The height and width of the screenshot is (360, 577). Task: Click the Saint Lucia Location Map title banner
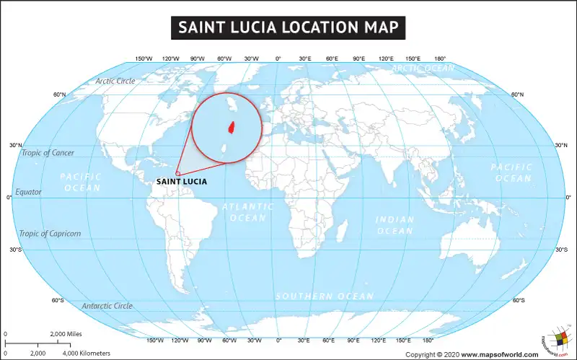(x=288, y=27)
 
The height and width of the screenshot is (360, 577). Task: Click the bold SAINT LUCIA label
(x=181, y=182)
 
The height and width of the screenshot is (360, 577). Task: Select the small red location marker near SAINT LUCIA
(x=177, y=173)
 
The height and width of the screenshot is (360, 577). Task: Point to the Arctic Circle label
(x=115, y=81)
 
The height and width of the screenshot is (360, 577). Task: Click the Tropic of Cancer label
(x=48, y=153)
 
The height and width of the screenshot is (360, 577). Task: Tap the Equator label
(x=29, y=192)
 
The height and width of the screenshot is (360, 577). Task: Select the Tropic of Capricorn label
(x=50, y=233)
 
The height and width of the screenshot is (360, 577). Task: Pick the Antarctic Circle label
(x=107, y=306)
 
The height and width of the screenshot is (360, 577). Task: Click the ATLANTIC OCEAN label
(x=248, y=211)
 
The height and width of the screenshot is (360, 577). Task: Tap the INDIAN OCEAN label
(x=395, y=225)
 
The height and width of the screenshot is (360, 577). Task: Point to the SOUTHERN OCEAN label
(x=325, y=297)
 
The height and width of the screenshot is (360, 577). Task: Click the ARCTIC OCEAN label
(x=423, y=69)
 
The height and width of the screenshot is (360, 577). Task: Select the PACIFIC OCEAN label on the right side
(x=511, y=172)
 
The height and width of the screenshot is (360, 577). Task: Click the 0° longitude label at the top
(x=278, y=58)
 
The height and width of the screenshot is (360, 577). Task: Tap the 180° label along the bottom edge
(x=428, y=339)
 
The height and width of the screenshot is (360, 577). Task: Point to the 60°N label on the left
(x=59, y=95)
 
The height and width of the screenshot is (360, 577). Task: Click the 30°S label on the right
(x=561, y=250)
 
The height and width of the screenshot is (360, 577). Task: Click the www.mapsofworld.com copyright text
(x=499, y=354)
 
